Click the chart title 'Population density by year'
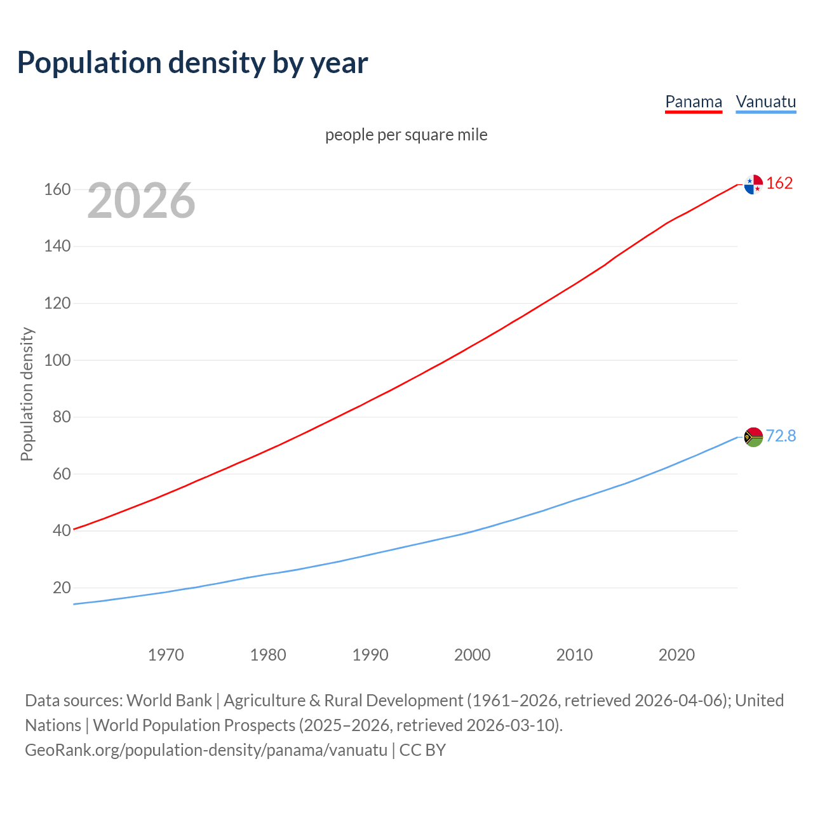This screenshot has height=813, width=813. point(192,63)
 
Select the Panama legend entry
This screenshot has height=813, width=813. point(693,102)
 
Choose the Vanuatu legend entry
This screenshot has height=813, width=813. point(765,102)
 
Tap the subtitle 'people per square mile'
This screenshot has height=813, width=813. point(406,135)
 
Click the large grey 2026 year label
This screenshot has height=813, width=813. point(141,201)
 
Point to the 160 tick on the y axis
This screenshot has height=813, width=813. point(57,189)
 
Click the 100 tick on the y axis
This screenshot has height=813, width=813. point(57,360)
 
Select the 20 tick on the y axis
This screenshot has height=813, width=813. point(62,588)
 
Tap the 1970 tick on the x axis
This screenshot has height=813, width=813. point(166,655)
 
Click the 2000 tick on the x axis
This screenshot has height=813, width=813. point(472,655)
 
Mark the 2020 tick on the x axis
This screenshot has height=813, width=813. point(676,655)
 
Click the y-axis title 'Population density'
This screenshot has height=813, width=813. point(27,394)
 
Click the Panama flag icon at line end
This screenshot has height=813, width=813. point(753,184)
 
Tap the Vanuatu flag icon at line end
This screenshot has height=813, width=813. point(753,437)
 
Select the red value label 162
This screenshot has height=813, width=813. point(779,183)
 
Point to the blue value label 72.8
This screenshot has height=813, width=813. point(781,436)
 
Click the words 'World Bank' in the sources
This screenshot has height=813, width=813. point(169,701)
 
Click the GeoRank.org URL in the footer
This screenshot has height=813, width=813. point(206,750)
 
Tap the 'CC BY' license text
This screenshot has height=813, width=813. point(422,750)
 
